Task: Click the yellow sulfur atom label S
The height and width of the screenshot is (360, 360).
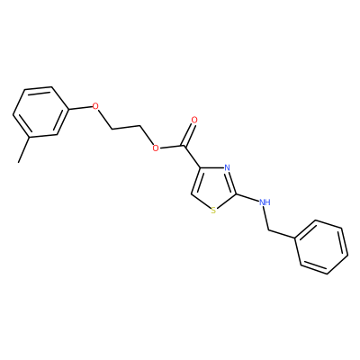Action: (213, 211)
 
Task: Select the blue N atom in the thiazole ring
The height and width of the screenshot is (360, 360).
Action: (227, 167)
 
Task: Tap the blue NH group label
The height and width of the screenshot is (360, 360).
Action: (265, 202)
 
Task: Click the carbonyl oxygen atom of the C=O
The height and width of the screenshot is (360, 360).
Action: (194, 121)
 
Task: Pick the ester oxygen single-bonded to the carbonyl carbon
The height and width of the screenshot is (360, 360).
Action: (155, 148)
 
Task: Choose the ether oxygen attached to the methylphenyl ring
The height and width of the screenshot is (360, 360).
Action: (95, 106)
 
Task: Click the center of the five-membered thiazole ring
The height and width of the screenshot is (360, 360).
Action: (214, 188)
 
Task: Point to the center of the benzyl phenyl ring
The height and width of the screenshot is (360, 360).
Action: (322, 247)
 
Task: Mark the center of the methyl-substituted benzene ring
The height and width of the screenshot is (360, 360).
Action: (40, 112)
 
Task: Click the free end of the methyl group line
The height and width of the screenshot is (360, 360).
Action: (19, 163)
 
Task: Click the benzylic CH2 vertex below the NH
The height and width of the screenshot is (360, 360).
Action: (269, 230)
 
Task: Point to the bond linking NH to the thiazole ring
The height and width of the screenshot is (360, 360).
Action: (247, 197)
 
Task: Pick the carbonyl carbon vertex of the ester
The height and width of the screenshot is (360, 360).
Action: (184, 145)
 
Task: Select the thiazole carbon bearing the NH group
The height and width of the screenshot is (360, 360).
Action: (236, 193)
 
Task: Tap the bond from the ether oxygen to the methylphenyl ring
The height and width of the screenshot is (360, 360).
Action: (79, 108)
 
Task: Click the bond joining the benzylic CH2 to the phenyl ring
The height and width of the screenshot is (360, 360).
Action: (283, 235)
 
